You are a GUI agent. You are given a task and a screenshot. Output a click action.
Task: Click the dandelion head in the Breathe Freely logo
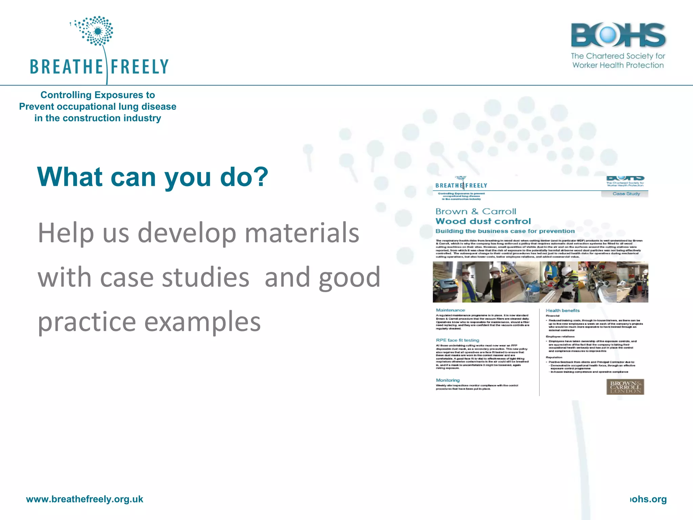(x=97, y=31)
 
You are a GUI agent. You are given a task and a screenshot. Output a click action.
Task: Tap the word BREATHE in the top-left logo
(x=66, y=67)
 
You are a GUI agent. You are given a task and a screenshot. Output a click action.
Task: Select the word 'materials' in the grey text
(x=302, y=233)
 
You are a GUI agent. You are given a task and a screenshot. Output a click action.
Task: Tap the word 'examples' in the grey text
(x=202, y=322)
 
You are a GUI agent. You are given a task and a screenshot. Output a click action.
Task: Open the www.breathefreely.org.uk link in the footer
(x=85, y=499)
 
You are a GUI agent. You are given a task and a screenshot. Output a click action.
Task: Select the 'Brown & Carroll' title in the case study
(x=476, y=212)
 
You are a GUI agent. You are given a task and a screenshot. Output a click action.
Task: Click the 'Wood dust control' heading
(x=483, y=221)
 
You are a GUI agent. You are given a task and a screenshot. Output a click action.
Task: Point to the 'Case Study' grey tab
(x=626, y=194)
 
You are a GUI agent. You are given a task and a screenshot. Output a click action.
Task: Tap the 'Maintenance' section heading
(x=450, y=310)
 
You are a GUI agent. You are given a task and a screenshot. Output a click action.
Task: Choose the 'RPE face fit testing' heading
(x=457, y=340)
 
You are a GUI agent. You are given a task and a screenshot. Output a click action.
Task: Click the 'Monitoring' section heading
(x=448, y=380)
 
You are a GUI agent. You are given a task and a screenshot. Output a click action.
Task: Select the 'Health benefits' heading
(x=562, y=310)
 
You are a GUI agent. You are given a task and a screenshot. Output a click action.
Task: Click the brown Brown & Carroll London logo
(x=625, y=387)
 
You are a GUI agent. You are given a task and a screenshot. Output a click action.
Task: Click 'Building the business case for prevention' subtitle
(x=505, y=231)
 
